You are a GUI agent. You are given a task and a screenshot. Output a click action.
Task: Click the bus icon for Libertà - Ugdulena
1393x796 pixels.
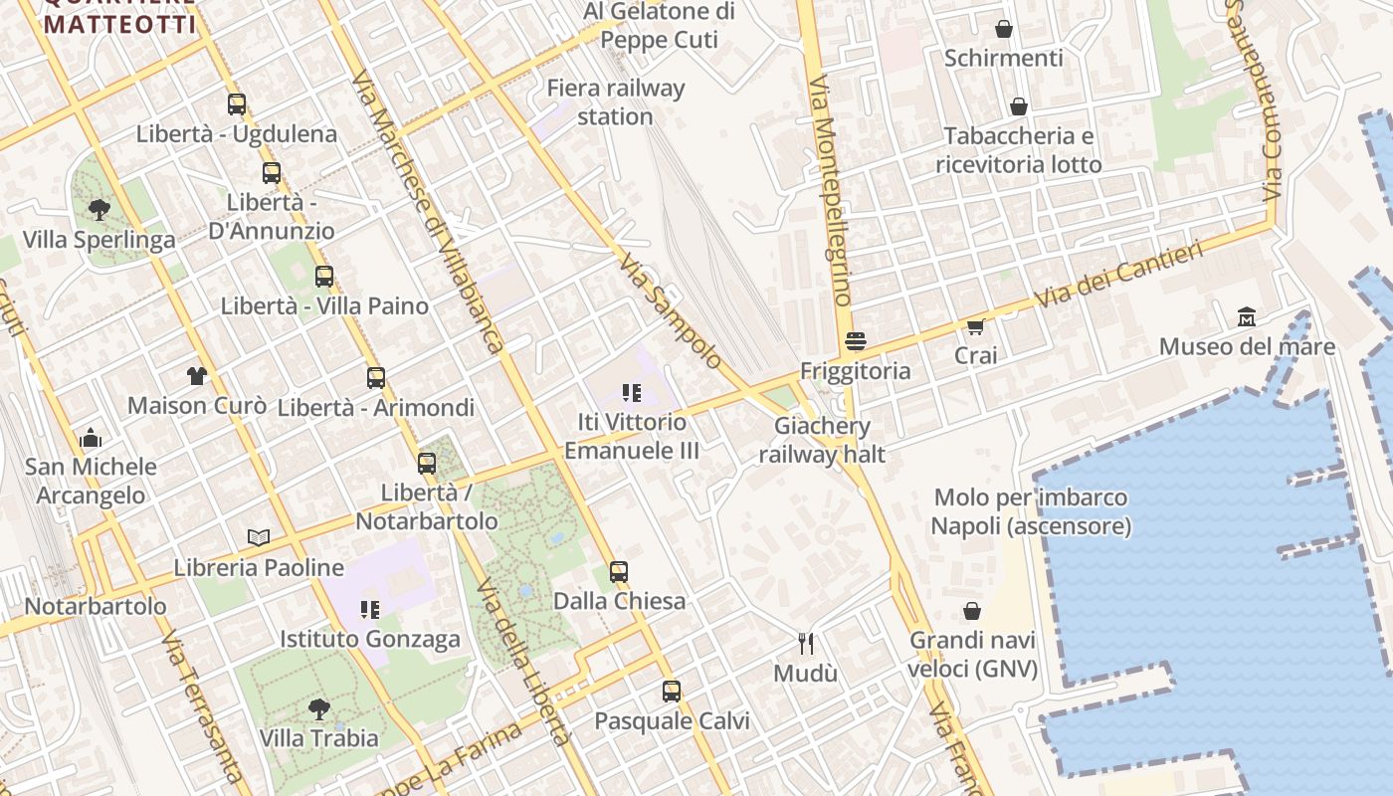[237, 103]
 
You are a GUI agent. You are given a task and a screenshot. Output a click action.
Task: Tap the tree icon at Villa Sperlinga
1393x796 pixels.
[99, 209]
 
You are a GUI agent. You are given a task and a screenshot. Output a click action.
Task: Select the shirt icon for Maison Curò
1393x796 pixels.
[197, 375]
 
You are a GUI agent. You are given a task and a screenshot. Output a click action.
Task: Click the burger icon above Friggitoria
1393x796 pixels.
[855, 341]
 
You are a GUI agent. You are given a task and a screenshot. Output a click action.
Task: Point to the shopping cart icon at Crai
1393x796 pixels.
[976, 326]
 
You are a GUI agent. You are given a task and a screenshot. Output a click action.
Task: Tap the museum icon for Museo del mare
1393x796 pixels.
[1247, 316]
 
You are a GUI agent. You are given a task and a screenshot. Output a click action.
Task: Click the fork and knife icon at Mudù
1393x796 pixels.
[806, 644]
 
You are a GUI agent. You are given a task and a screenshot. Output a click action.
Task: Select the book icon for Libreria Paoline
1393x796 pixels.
[259, 537]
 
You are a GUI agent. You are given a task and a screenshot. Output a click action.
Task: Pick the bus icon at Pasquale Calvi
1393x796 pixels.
[672, 691]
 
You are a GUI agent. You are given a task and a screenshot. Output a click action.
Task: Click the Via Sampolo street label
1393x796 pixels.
[669, 310]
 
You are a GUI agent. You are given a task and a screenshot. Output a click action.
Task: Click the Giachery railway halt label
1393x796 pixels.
[822, 440]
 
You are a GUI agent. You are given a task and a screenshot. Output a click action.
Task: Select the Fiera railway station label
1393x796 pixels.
[616, 101]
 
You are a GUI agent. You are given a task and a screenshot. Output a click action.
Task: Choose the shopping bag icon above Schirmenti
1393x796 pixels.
[1004, 29]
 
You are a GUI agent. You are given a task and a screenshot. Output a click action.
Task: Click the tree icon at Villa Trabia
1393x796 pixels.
[319, 708]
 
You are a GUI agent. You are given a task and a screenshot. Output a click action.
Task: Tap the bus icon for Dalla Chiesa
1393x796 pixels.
[619, 571]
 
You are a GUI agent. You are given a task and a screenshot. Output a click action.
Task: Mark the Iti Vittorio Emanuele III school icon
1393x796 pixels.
[631, 392]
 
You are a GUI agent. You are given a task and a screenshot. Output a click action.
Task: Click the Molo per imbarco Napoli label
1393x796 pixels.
[1031, 510]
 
